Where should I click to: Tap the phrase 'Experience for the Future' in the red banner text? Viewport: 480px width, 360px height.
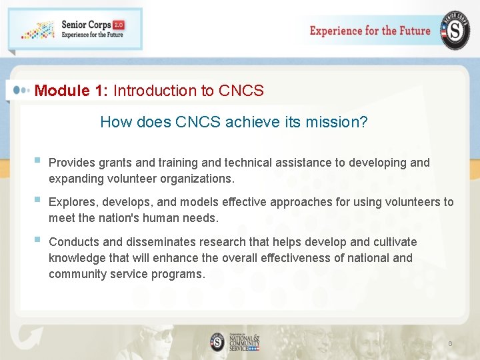pos(370,31)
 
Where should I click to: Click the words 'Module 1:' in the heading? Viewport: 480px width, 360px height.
pos(71,91)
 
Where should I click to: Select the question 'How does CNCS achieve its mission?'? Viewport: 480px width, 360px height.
pos(233,122)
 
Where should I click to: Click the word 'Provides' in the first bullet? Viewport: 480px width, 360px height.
pos(72,163)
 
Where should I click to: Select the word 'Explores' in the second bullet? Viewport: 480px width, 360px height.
pos(72,202)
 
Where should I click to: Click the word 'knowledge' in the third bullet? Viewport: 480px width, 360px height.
pos(77,258)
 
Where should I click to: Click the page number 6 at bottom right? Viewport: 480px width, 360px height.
pos(450,343)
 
